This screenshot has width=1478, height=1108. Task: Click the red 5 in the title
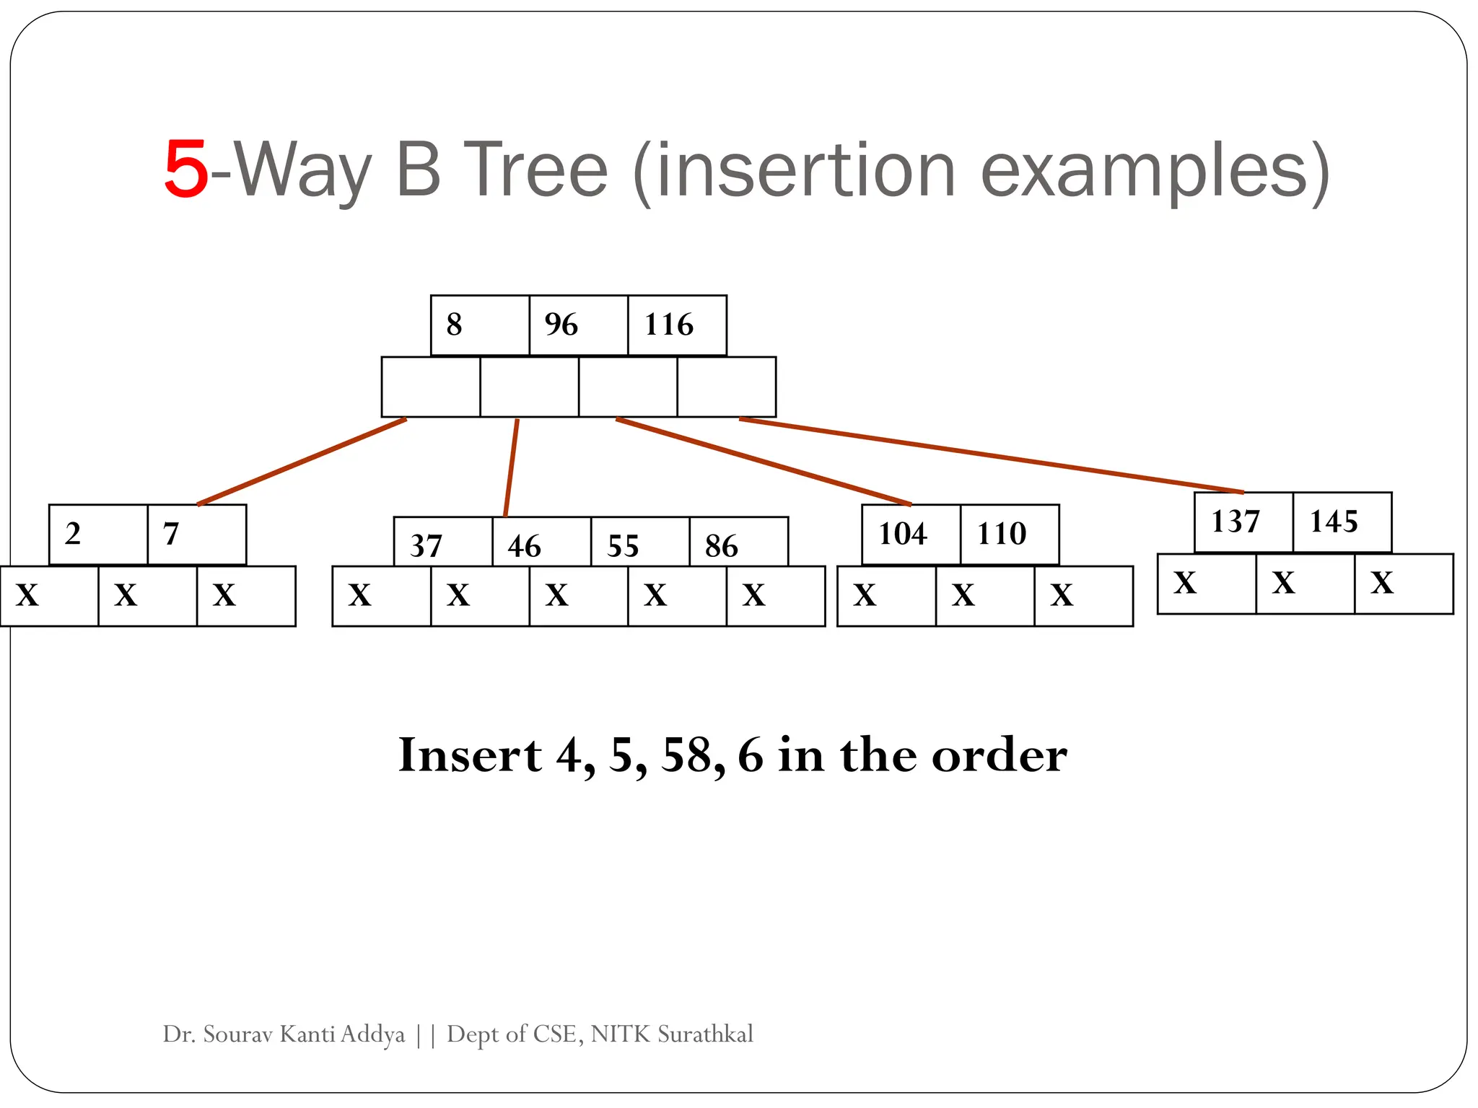click(x=186, y=170)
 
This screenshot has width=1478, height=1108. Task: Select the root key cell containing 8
click(x=479, y=325)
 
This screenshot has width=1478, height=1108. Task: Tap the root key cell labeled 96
click(x=577, y=325)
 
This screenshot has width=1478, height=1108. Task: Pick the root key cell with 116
click(x=676, y=325)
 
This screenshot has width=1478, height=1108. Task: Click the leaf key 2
click(x=97, y=534)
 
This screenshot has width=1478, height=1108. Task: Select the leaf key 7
click(x=196, y=534)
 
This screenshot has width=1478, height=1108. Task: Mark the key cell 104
click(x=911, y=534)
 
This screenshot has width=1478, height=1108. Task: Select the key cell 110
click(x=1009, y=534)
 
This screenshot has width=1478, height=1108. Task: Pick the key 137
click(x=1243, y=522)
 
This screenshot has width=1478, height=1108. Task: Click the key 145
click(x=1341, y=522)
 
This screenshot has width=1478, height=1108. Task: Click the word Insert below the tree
click(x=469, y=756)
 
